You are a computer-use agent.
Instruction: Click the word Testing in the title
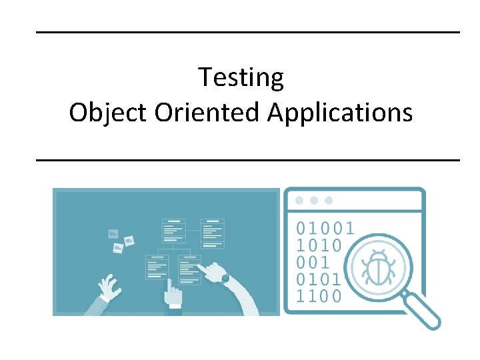coord(241,78)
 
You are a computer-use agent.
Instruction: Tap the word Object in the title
coord(109,113)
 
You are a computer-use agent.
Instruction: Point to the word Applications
coord(340,113)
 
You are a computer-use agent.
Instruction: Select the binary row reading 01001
coord(325,228)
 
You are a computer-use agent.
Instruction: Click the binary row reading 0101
coord(318,278)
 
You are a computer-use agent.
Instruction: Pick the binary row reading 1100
coord(318,295)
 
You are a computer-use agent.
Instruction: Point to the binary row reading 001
coord(313,261)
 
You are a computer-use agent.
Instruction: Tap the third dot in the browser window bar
coord(329,200)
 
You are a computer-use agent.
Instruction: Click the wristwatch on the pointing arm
coord(225,278)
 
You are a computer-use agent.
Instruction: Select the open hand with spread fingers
coord(108,288)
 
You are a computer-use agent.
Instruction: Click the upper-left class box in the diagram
coord(173,231)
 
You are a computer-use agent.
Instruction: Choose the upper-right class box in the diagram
coord(213,231)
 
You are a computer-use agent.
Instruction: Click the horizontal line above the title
coord(247,32)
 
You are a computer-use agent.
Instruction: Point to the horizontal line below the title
coord(247,160)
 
